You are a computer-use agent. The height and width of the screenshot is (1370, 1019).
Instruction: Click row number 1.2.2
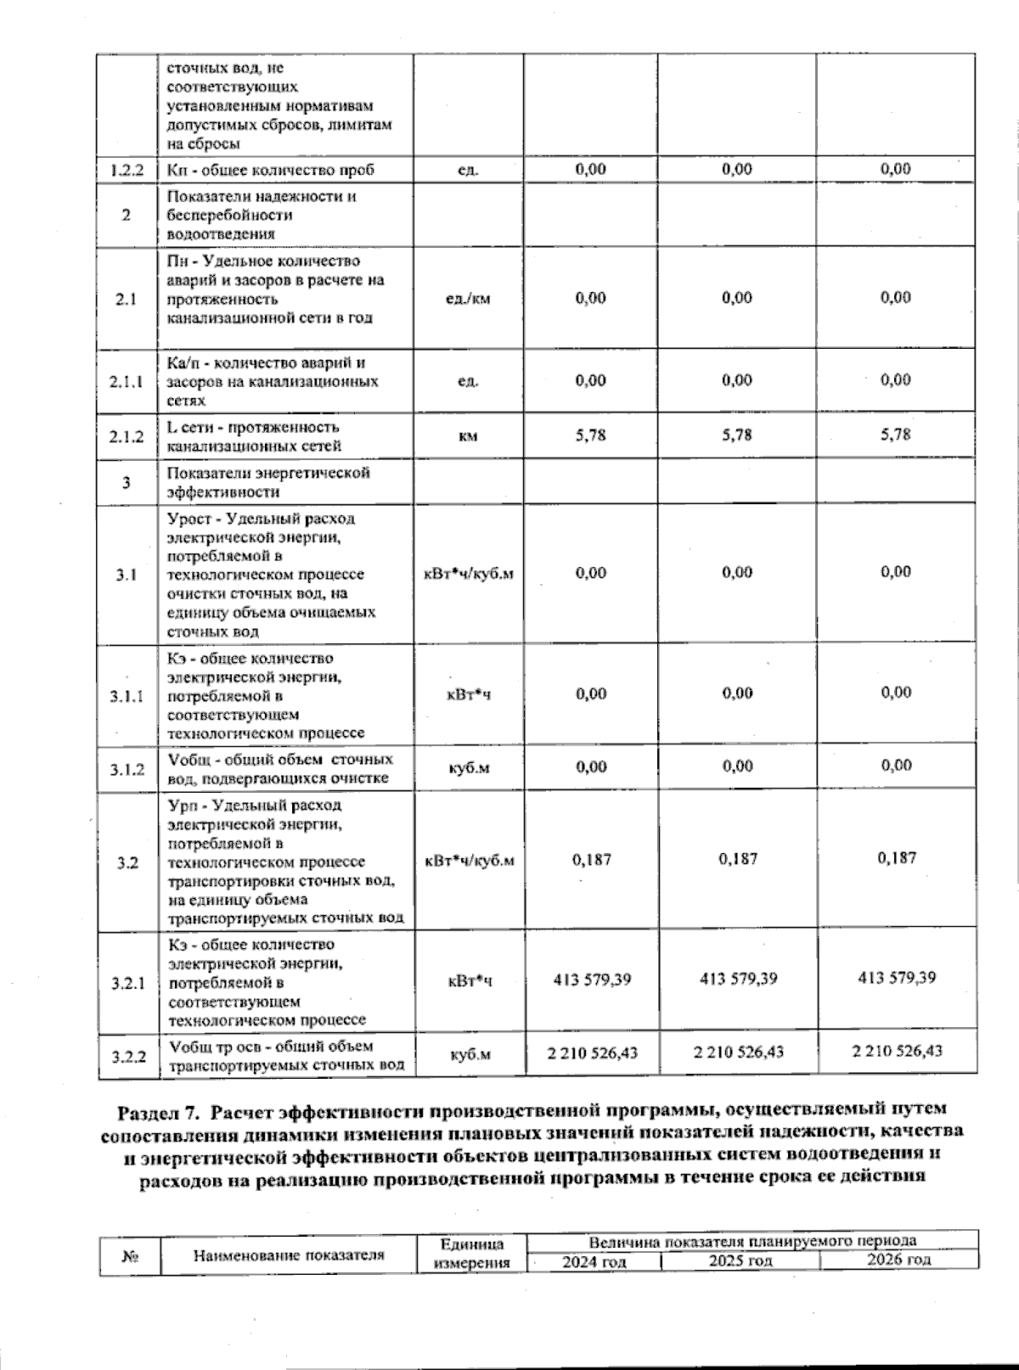point(127,170)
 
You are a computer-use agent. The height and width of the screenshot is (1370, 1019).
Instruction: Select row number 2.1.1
point(127,381)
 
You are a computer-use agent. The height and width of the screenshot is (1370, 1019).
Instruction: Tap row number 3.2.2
point(128,1056)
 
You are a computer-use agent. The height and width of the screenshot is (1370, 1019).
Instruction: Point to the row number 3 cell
point(127,483)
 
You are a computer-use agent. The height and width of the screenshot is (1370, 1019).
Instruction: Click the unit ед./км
point(468,299)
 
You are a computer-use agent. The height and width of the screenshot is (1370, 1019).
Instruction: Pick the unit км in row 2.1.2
point(468,436)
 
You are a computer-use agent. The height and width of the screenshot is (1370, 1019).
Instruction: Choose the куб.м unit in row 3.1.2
point(469,768)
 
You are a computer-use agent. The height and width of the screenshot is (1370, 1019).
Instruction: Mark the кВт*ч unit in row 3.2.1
point(470,980)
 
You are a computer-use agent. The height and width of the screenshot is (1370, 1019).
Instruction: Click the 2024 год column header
point(594,1262)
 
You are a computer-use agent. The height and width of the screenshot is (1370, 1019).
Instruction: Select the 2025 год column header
point(740,1261)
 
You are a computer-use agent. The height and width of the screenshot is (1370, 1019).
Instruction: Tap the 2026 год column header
point(898,1260)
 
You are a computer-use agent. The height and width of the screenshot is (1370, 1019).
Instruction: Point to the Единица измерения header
point(472,1254)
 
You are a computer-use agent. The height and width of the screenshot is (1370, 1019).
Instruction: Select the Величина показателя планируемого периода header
point(752,1241)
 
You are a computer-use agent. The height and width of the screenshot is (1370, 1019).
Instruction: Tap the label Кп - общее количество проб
point(271,170)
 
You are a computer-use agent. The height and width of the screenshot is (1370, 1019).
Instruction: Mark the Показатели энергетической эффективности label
point(268,482)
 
